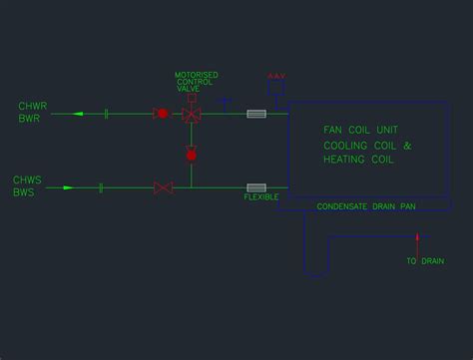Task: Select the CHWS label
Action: (26, 180)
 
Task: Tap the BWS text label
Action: (24, 192)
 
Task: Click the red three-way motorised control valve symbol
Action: (192, 115)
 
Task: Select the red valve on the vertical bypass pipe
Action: (192, 154)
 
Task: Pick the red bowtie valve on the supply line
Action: (164, 186)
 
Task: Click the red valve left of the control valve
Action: (162, 114)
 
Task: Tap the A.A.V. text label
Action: (276, 76)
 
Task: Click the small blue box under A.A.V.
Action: (276, 89)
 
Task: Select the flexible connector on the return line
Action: (256, 114)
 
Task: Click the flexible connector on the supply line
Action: (256, 186)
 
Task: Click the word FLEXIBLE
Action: (260, 197)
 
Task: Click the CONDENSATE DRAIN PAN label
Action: (365, 206)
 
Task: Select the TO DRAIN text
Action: (424, 261)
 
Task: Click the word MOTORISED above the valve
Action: (196, 75)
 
